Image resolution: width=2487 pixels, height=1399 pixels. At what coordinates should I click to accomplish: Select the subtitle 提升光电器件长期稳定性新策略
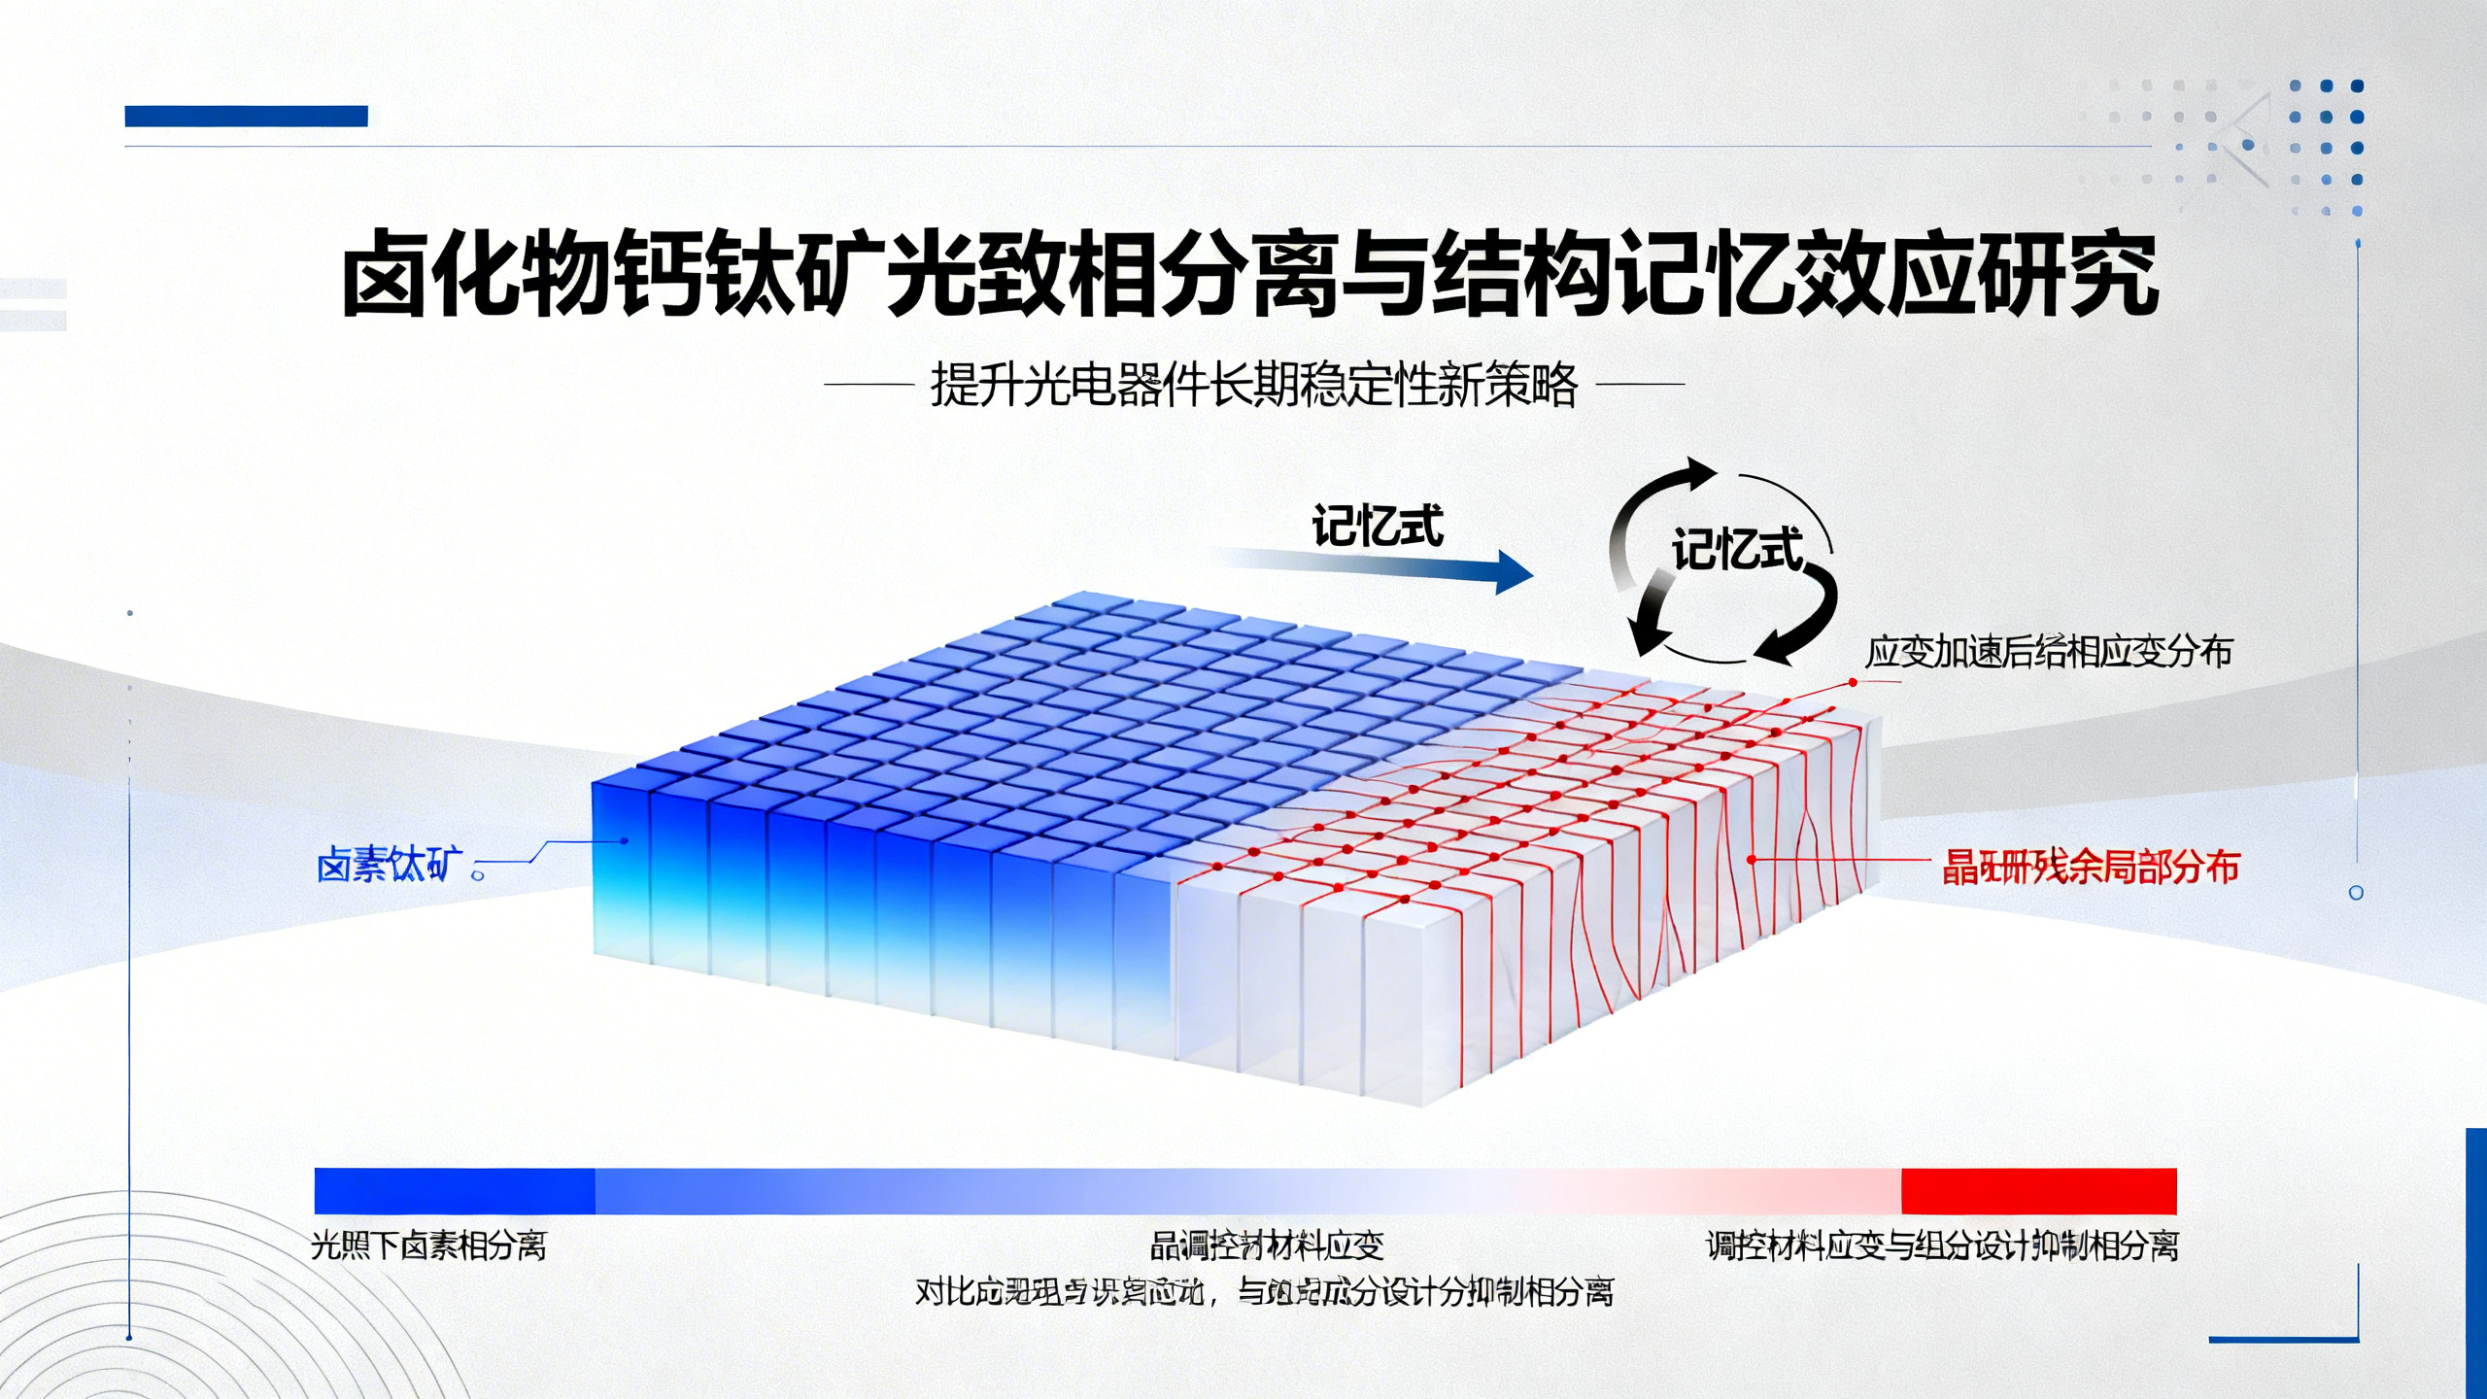[x=1253, y=386]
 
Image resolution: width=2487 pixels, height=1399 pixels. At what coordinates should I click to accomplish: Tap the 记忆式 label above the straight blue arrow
[x=1377, y=528]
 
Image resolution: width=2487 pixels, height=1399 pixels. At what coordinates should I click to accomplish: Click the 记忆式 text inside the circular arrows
[x=1736, y=550]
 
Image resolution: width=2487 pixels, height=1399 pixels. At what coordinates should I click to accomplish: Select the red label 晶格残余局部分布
[x=2091, y=867]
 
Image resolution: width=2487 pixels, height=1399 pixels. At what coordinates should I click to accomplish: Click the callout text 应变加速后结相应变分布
[x=2048, y=652]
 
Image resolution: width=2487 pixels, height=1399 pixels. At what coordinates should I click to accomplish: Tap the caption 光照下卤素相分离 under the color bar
[x=428, y=1245]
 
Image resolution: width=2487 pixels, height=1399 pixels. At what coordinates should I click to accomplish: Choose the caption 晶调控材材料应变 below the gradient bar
[x=1266, y=1245]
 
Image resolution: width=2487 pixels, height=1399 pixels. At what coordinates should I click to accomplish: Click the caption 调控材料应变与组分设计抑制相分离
[x=1942, y=1245]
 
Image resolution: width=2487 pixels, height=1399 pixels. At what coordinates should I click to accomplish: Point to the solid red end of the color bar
[x=2038, y=1191]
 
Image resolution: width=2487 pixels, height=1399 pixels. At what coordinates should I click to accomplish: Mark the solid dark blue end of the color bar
[x=454, y=1191]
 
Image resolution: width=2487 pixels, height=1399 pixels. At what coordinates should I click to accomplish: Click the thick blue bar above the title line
[x=246, y=117]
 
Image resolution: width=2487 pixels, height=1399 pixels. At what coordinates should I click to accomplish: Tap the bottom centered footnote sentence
[x=1264, y=1292]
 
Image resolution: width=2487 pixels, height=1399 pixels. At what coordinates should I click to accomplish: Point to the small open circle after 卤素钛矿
[x=477, y=874]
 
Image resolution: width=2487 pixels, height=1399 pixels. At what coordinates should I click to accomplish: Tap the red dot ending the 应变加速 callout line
[x=1853, y=683]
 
